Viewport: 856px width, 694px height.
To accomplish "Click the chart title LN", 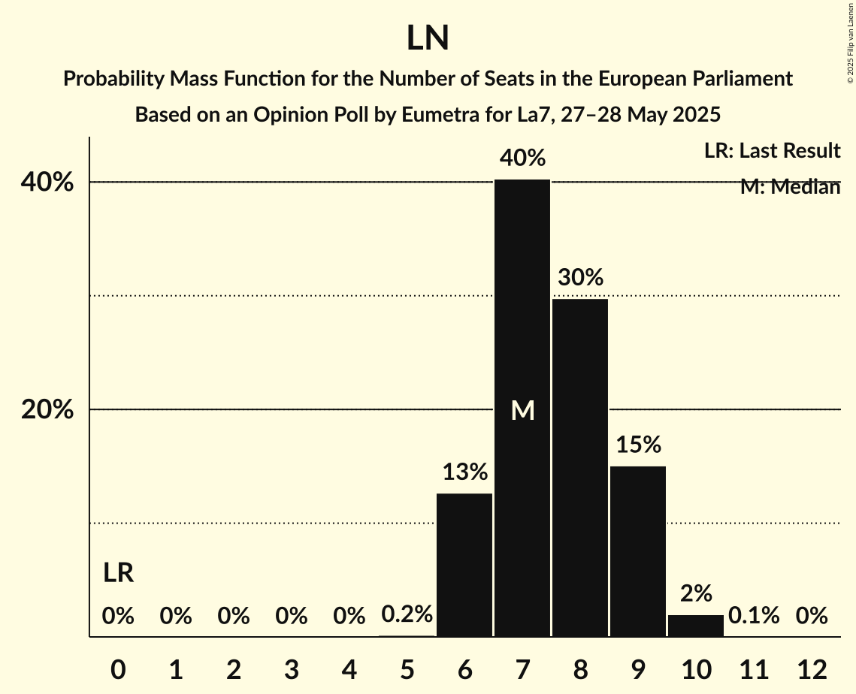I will [x=428, y=38].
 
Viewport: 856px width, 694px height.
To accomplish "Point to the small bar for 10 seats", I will [x=696, y=626].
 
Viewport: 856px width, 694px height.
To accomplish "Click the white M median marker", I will [x=522, y=410].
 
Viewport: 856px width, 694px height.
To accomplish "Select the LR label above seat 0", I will [x=118, y=573].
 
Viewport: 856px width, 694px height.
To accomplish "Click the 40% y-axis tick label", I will [x=52, y=183].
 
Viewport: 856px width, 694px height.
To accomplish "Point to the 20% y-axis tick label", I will [x=52, y=410].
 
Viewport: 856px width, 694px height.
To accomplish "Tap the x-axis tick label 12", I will [x=812, y=669].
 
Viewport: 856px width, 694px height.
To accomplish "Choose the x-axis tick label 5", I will [x=407, y=669].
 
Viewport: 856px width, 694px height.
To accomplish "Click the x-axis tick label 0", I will [x=118, y=669].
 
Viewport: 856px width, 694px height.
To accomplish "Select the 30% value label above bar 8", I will [x=580, y=278].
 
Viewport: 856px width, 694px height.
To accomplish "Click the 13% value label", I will [x=464, y=472].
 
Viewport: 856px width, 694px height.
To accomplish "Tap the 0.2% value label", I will [x=407, y=614].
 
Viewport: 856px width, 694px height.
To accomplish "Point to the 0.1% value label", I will [x=754, y=616].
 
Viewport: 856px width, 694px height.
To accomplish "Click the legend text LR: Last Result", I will [x=772, y=151].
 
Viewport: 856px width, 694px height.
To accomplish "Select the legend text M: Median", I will [x=790, y=187].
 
